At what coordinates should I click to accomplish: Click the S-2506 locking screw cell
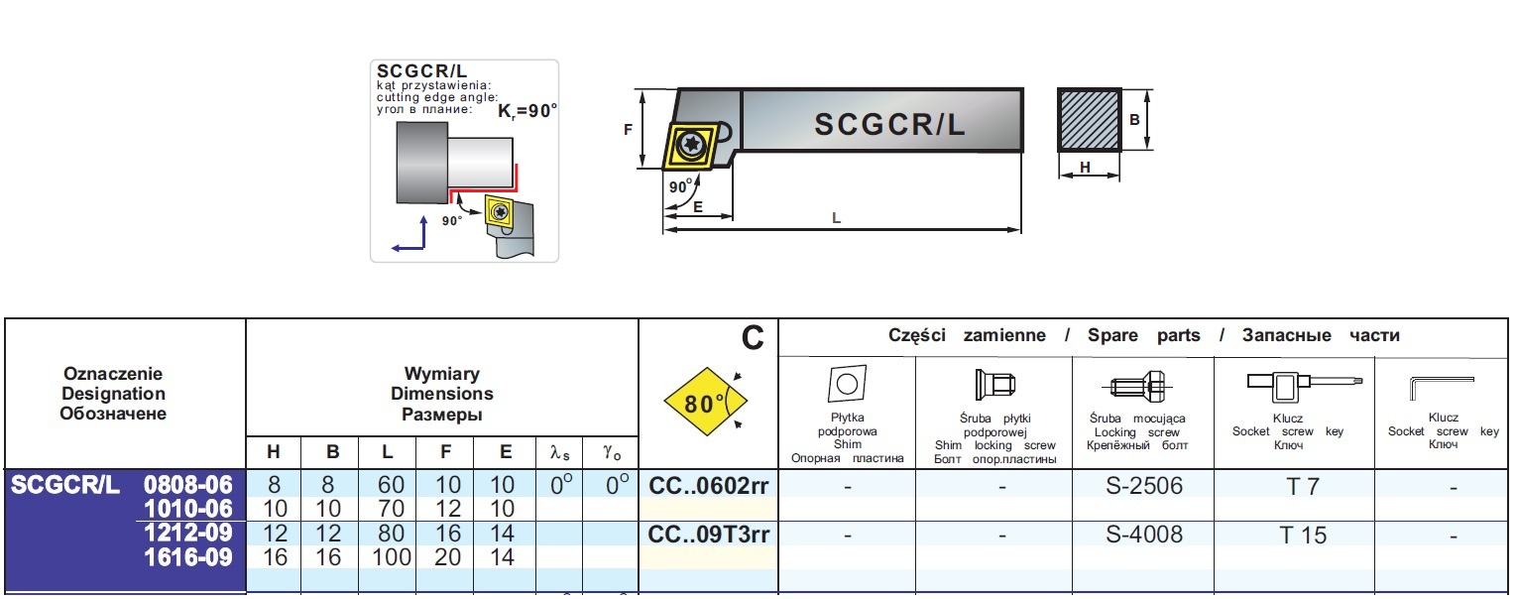tap(1143, 486)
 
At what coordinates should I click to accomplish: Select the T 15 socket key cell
tap(1302, 536)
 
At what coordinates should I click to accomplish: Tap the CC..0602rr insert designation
tap(708, 486)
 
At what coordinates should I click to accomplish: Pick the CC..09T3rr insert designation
tap(708, 536)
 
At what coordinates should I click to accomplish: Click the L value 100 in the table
tap(391, 558)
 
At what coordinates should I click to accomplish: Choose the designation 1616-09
tap(188, 558)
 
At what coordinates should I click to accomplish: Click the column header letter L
tap(388, 452)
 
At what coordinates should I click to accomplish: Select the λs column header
tap(560, 452)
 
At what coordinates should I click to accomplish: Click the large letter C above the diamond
tap(753, 339)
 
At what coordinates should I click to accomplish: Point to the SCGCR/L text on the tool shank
tap(889, 124)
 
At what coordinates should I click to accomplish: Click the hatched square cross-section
tap(1089, 120)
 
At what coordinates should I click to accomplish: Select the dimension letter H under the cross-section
tap(1085, 168)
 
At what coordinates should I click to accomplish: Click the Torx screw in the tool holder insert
tap(688, 147)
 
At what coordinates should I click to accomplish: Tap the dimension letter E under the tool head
tap(697, 207)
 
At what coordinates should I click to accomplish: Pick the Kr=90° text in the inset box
tap(526, 111)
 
